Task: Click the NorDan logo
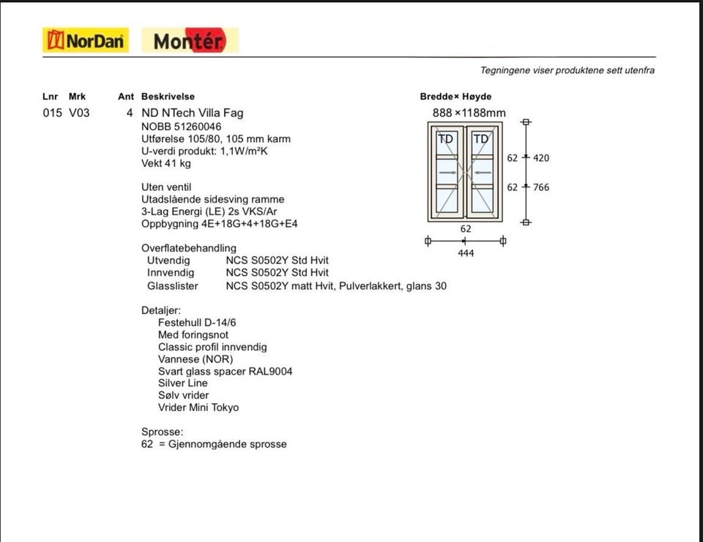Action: click(x=86, y=40)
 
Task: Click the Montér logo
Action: click(x=190, y=41)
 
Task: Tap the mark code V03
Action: click(x=79, y=113)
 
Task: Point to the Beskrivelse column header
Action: click(x=168, y=97)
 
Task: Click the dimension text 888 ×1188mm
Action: click(x=469, y=113)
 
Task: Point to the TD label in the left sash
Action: click(x=445, y=139)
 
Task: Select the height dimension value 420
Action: click(x=540, y=158)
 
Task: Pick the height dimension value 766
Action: click(x=540, y=187)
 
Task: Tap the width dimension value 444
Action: click(x=465, y=253)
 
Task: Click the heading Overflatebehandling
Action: click(x=189, y=248)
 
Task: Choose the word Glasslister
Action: click(x=172, y=286)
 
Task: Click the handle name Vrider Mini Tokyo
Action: click(x=198, y=407)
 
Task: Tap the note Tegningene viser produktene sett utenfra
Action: click(x=567, y=70)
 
